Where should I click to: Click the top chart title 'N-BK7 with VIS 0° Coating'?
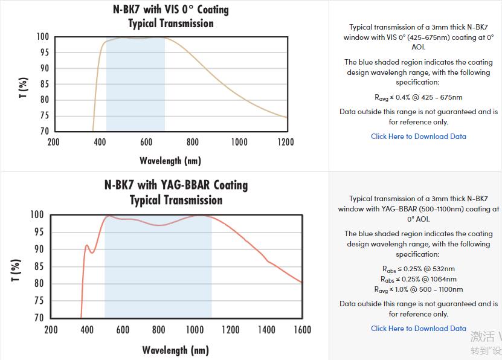click(x=171, y=10)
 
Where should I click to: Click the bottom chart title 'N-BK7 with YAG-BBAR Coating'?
click(x=176, y=185)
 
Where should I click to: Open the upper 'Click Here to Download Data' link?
click(x=418, y=137)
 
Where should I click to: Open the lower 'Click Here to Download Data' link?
click(x=418, y=329)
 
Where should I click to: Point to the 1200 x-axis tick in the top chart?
click(x=286, y=142)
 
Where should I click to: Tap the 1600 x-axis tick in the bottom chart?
click(x=302, y=330)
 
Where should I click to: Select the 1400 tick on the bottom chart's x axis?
click(x=266, y=330)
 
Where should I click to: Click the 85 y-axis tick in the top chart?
click(x=44, y=84)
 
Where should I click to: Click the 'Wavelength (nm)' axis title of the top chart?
click(x=170, y=161)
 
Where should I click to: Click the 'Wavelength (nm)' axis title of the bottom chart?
click(x=176, y=350)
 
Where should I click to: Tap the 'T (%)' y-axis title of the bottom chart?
click(x=16, y=270)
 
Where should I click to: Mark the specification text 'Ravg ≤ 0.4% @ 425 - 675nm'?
click(x=418, y=97)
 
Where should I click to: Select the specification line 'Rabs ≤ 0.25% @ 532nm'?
click(x=418, y=269)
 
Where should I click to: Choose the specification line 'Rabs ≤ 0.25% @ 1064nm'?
click(x=418, y=279)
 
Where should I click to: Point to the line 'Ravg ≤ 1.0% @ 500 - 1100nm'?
click(x=418, y=289)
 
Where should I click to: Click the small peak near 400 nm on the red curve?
click(x=87, y=245)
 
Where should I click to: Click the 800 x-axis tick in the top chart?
click(x=193, y=142)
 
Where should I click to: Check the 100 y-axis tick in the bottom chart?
click(x=37, y=214)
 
